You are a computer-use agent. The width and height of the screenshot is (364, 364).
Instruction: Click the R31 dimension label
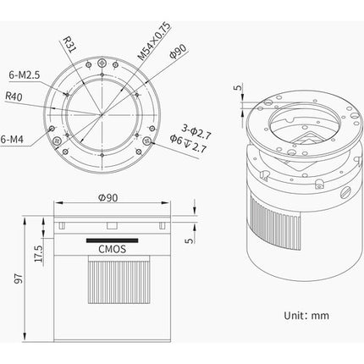(x=69, y=44)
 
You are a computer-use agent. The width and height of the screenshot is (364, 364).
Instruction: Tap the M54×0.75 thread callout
(x=154, y=41)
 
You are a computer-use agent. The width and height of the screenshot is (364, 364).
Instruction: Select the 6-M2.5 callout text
(x=25, y=75)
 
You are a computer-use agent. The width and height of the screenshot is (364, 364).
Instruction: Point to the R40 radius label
(x=14, y=97)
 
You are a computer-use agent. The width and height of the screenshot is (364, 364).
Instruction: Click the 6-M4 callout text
(x=12, y=139)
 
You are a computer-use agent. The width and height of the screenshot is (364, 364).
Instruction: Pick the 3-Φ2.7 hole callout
(x=196, y=132)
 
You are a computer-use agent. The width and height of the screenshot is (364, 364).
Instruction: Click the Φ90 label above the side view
(x=108, y=197)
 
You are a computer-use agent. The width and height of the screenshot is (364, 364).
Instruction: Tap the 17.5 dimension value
(x=38, y=253)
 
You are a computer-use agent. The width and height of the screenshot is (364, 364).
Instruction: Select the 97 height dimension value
(x=19, y=278)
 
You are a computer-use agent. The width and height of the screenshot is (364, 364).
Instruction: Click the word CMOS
(x=112, y=249)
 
